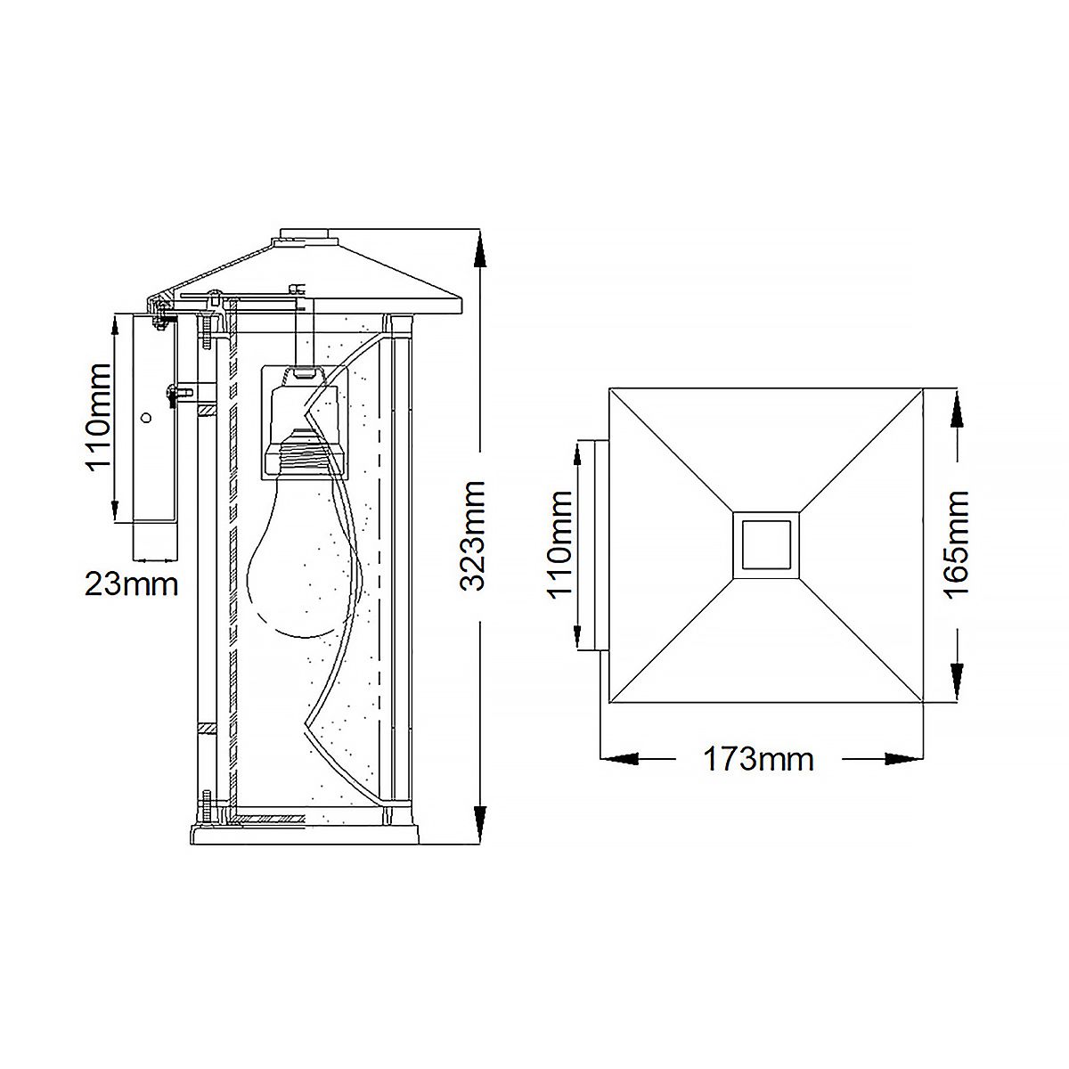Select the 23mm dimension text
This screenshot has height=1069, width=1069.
click(x=131, y=584)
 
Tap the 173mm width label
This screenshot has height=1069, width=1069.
click(x=759, y=760)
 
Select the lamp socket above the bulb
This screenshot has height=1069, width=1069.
click(x=302, y=419)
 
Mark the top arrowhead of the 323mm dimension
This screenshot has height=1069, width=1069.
click(x=480, y=249)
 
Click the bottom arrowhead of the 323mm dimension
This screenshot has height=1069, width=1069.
click(x=480, y=823)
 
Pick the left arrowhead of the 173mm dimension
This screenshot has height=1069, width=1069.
click(x=619, y=759)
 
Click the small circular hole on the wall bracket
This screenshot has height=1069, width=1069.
click(x=147, y=416)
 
